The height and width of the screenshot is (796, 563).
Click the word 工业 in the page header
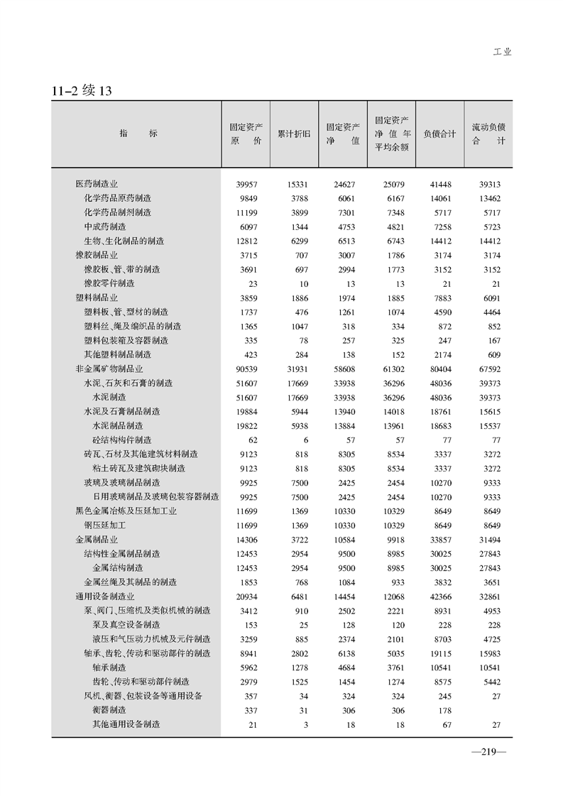(x=502, y=52)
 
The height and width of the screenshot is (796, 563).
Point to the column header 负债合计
(x=439, y=133)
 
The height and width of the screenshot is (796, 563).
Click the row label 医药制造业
(x=97, y=184)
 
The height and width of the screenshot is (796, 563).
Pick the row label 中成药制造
(x=105, y=227)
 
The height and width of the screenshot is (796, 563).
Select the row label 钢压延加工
(x=105, y=525)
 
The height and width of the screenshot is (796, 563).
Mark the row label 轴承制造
(x=109, y=667)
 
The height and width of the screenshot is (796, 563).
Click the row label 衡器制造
(x=109, y=710)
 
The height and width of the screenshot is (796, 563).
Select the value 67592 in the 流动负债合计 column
(x=487, y=369)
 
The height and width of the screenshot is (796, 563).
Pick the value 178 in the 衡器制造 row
(x=444, y=710)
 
